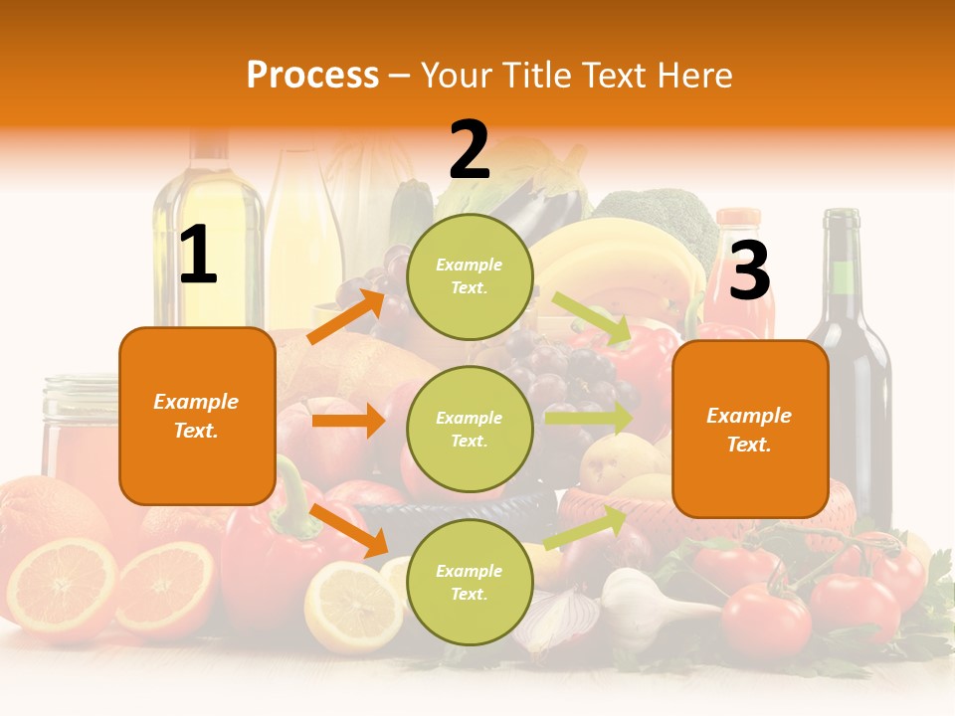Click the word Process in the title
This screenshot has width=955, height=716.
[x=312, y=76]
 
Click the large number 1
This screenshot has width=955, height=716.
[x=198, y=256]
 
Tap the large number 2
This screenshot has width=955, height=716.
[x=470, y=150]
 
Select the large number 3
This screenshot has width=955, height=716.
[x=749, y=270]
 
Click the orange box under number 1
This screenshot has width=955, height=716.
[x=197, y=416]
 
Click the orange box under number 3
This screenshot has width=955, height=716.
[x=749, y=430]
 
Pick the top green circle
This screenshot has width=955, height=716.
[x=470, y=276]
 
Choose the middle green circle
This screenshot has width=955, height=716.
[x=470, y=429]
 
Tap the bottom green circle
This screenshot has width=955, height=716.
[x=470, y=582]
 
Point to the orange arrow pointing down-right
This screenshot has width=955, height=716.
[x=349, y=530]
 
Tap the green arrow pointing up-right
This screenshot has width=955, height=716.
[x=586, y=528]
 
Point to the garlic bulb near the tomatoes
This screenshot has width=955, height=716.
[x=637, y=602]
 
